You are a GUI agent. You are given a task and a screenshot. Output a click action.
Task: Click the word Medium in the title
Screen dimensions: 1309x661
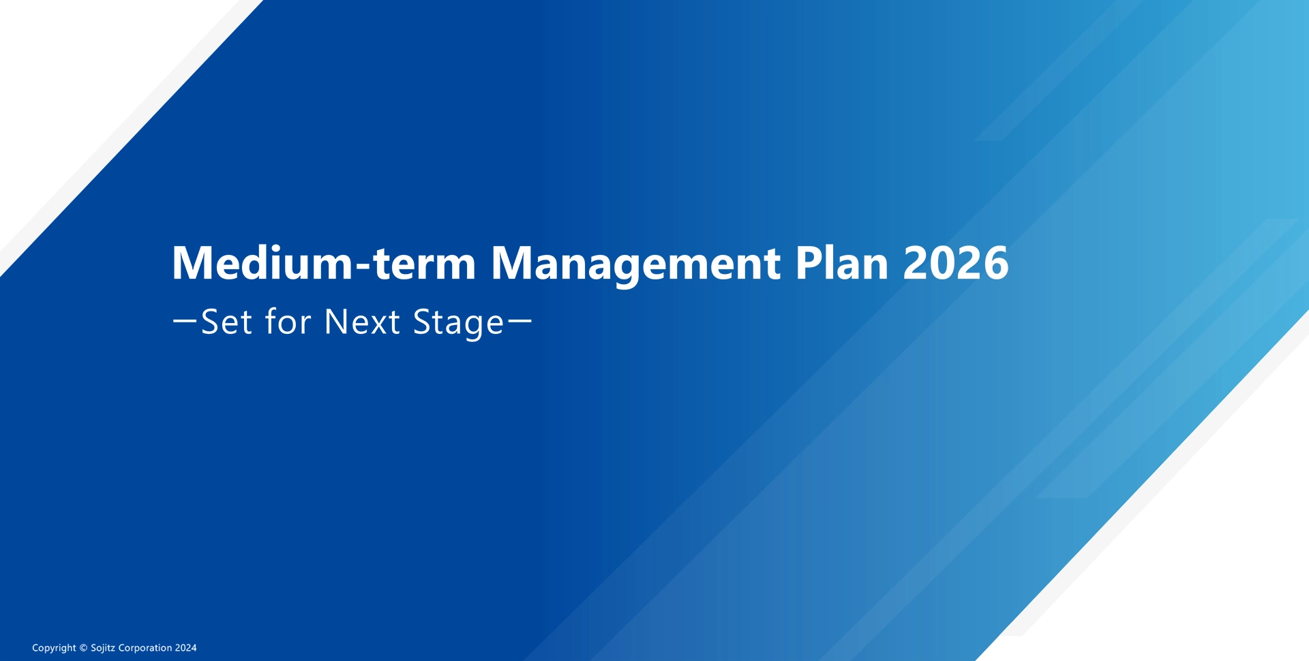coord(262,263)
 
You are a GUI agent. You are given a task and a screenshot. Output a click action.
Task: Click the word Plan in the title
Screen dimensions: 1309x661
coord(841,263)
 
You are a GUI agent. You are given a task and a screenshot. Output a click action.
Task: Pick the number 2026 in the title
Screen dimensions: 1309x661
coord(956,263)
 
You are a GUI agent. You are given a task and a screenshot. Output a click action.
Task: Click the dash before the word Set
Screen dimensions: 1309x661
coord(185,321)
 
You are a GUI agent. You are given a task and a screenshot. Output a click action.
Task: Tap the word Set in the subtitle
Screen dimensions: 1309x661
coord(227,322)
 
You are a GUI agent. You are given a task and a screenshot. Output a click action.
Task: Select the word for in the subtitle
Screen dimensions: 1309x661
coord(288,321)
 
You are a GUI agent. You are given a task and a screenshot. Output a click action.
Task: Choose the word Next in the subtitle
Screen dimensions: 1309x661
coord(362,322)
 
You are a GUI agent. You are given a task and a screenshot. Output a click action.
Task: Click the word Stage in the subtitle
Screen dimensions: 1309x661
coord(458,323)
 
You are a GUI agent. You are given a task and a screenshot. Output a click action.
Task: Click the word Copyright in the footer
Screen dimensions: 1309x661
coord(54,648)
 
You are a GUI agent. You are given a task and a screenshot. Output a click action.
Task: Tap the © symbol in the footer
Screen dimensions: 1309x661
coord(84,648)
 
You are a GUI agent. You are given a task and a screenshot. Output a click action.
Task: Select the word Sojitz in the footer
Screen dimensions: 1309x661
coord(103,648)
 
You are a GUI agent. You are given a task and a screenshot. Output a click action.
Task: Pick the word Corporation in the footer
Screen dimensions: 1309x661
coord(145,648)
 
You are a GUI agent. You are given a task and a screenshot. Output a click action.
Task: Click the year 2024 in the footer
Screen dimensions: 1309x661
coord(185,648)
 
